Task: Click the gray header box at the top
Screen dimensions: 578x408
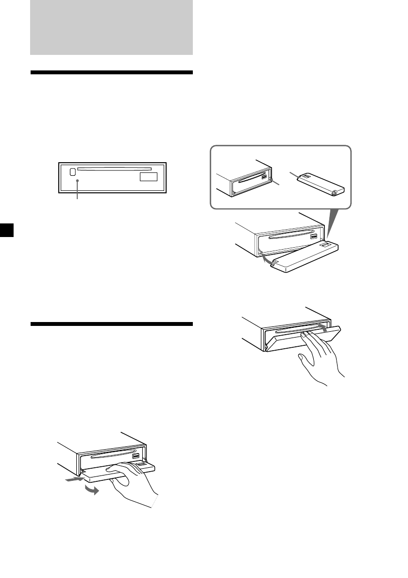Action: pyautogui.click(x=111, y=27)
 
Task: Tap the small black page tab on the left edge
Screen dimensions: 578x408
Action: pyautogui.click(x=4, y=230)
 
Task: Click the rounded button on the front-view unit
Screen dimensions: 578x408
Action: pyautogui.click(x=72, y=171)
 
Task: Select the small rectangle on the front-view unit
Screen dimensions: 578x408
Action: pyautogui.click(x=149, y=178)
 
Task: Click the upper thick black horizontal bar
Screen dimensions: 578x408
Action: pyautogui.click(x=111, y=73)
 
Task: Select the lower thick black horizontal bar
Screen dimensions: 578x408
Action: pyautogui.click(x=111, y=324)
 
